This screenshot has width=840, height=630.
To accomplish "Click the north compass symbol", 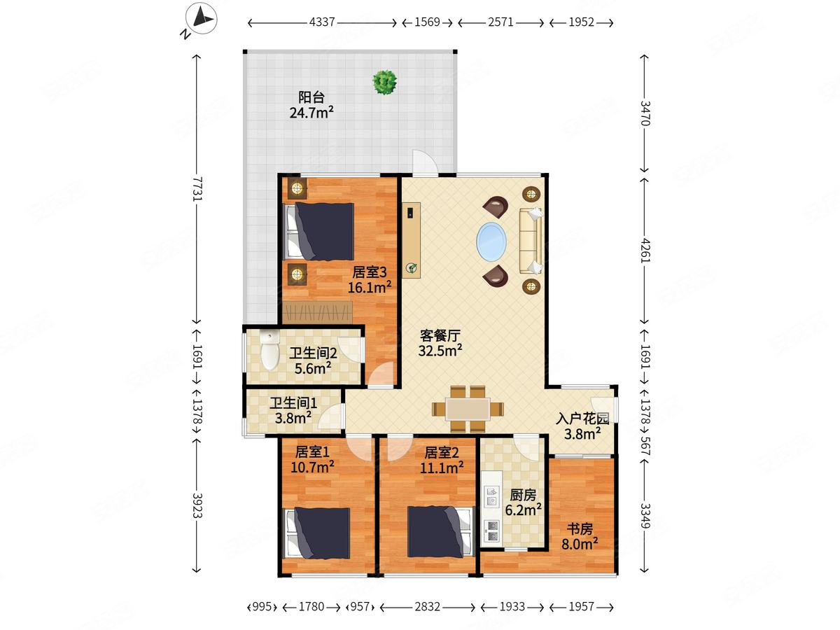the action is [202, 18].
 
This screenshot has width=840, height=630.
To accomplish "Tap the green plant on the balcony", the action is [384, 82].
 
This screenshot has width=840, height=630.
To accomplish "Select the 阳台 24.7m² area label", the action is [311, 105].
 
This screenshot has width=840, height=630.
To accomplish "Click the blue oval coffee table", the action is [491, 241].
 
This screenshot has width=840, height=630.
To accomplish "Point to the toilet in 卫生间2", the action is [269, 349].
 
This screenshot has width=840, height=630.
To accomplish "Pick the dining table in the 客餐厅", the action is [468, 409].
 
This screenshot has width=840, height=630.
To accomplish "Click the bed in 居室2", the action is [440, 531].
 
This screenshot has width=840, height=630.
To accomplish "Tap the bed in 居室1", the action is [316, 533].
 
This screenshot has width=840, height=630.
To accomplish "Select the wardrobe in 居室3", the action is [318, 311].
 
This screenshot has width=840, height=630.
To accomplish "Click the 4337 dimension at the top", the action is [322, 22].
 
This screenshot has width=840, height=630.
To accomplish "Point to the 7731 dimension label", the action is [197, 188].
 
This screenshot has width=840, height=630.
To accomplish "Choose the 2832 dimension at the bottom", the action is [427, 607].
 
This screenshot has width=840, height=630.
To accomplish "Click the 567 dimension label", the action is [645, 446].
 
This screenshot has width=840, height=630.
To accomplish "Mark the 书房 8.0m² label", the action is [580, 536].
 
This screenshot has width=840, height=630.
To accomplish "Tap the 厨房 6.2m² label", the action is [523, 502].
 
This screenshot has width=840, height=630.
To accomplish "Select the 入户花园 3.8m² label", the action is [582, 426].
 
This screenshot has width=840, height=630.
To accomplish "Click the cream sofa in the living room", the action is [531, 241].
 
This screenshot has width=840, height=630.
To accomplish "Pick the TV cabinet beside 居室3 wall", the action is [412, 240].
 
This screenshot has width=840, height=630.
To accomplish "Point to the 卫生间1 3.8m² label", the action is [293, 410].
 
